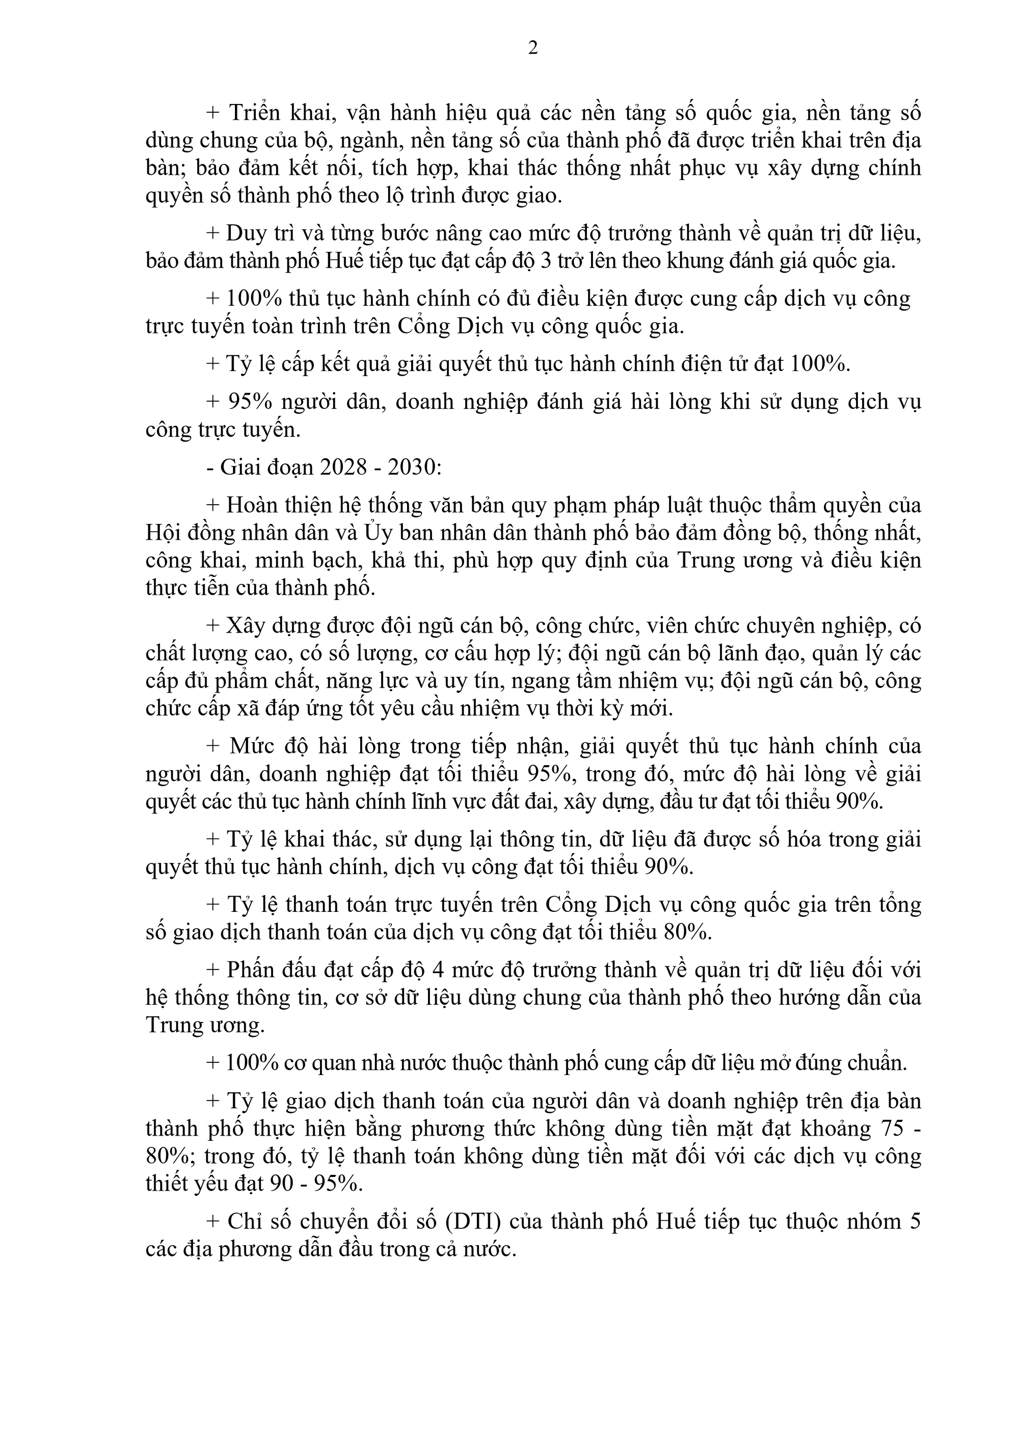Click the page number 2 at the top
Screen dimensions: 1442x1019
click(x=533, y=48)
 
